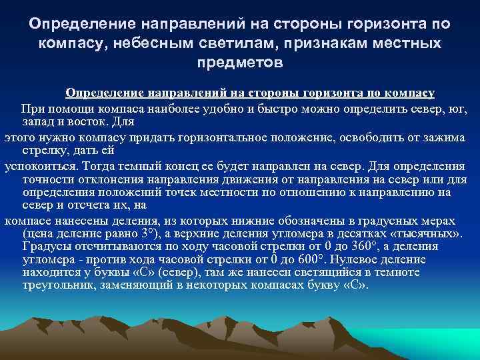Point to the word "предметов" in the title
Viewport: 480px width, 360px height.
coord(240,63)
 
